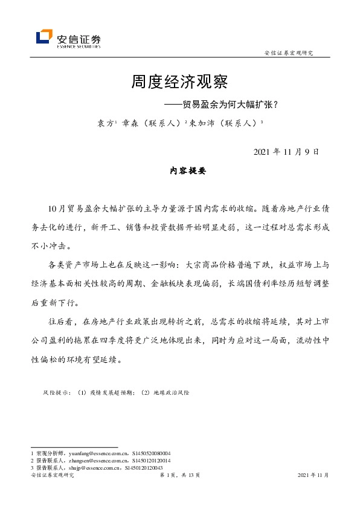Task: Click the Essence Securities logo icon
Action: tap(44, 37)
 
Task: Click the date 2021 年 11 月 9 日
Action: tap(286, 152)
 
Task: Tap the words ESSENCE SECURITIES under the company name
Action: tap(79, 45)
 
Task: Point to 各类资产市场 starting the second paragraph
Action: tap(79, 265)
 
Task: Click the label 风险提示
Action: tap(56, 393)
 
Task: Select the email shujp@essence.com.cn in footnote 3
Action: tap(84, 467)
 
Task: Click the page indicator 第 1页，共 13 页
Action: tap(179, 476)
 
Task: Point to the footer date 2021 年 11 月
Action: tap(313, 476)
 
